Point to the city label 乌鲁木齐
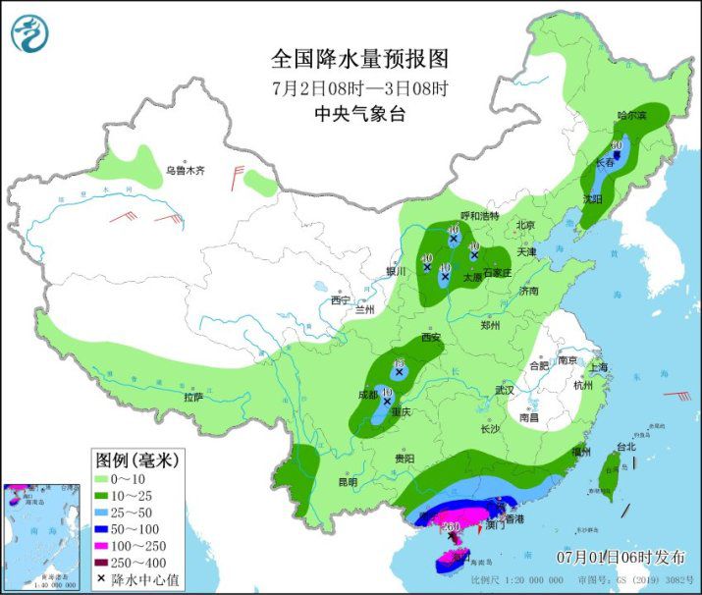186,170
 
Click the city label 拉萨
193,397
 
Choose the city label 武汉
505,390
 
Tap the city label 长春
604,163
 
